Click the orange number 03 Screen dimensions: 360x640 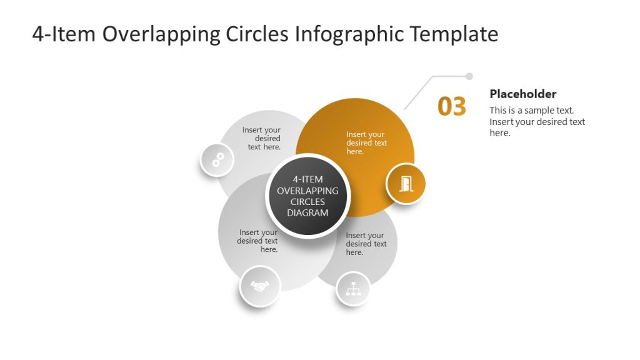[452, 107]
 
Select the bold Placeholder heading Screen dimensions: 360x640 [522, 94]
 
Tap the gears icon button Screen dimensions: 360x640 [217, 160]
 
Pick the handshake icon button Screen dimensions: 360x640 [260, 286]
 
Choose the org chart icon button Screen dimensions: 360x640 [353, 289]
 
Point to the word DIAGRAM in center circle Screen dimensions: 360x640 [307, 213]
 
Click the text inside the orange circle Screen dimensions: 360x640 [366, 143]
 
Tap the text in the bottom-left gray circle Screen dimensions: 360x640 [258, 241]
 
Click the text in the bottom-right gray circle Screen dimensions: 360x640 [366, 244]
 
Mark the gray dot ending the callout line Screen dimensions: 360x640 [469, 76]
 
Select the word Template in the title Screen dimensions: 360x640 [454, 34]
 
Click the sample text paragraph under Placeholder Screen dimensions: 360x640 [537, 121]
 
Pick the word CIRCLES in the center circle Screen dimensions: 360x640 [307, 202]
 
